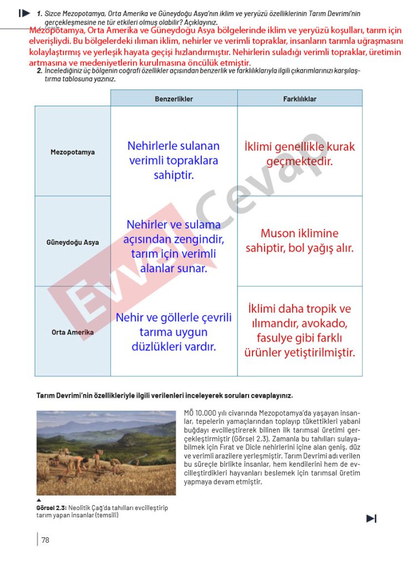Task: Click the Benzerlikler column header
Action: pos(173,99)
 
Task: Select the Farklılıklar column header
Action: pos(299,99)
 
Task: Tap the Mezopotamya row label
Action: pos(72,152)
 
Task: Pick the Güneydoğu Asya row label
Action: pos(72,242)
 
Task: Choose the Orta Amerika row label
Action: pos(72,332)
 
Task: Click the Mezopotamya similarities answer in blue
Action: pos(173,161)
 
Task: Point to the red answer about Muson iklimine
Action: pos(299,241)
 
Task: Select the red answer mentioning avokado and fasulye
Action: pos(299,330)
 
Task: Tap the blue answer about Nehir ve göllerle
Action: pos(173,332)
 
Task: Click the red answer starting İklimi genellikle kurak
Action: pos(299,154)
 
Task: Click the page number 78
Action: pos(45,540)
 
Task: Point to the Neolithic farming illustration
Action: pos(106,452)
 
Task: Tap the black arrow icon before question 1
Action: pos(24,12)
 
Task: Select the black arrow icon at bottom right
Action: pos(371,518)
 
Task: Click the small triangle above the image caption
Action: pos(39,500)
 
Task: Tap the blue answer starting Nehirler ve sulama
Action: pos(173,246)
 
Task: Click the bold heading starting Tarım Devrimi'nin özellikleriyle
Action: pos(164,396)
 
